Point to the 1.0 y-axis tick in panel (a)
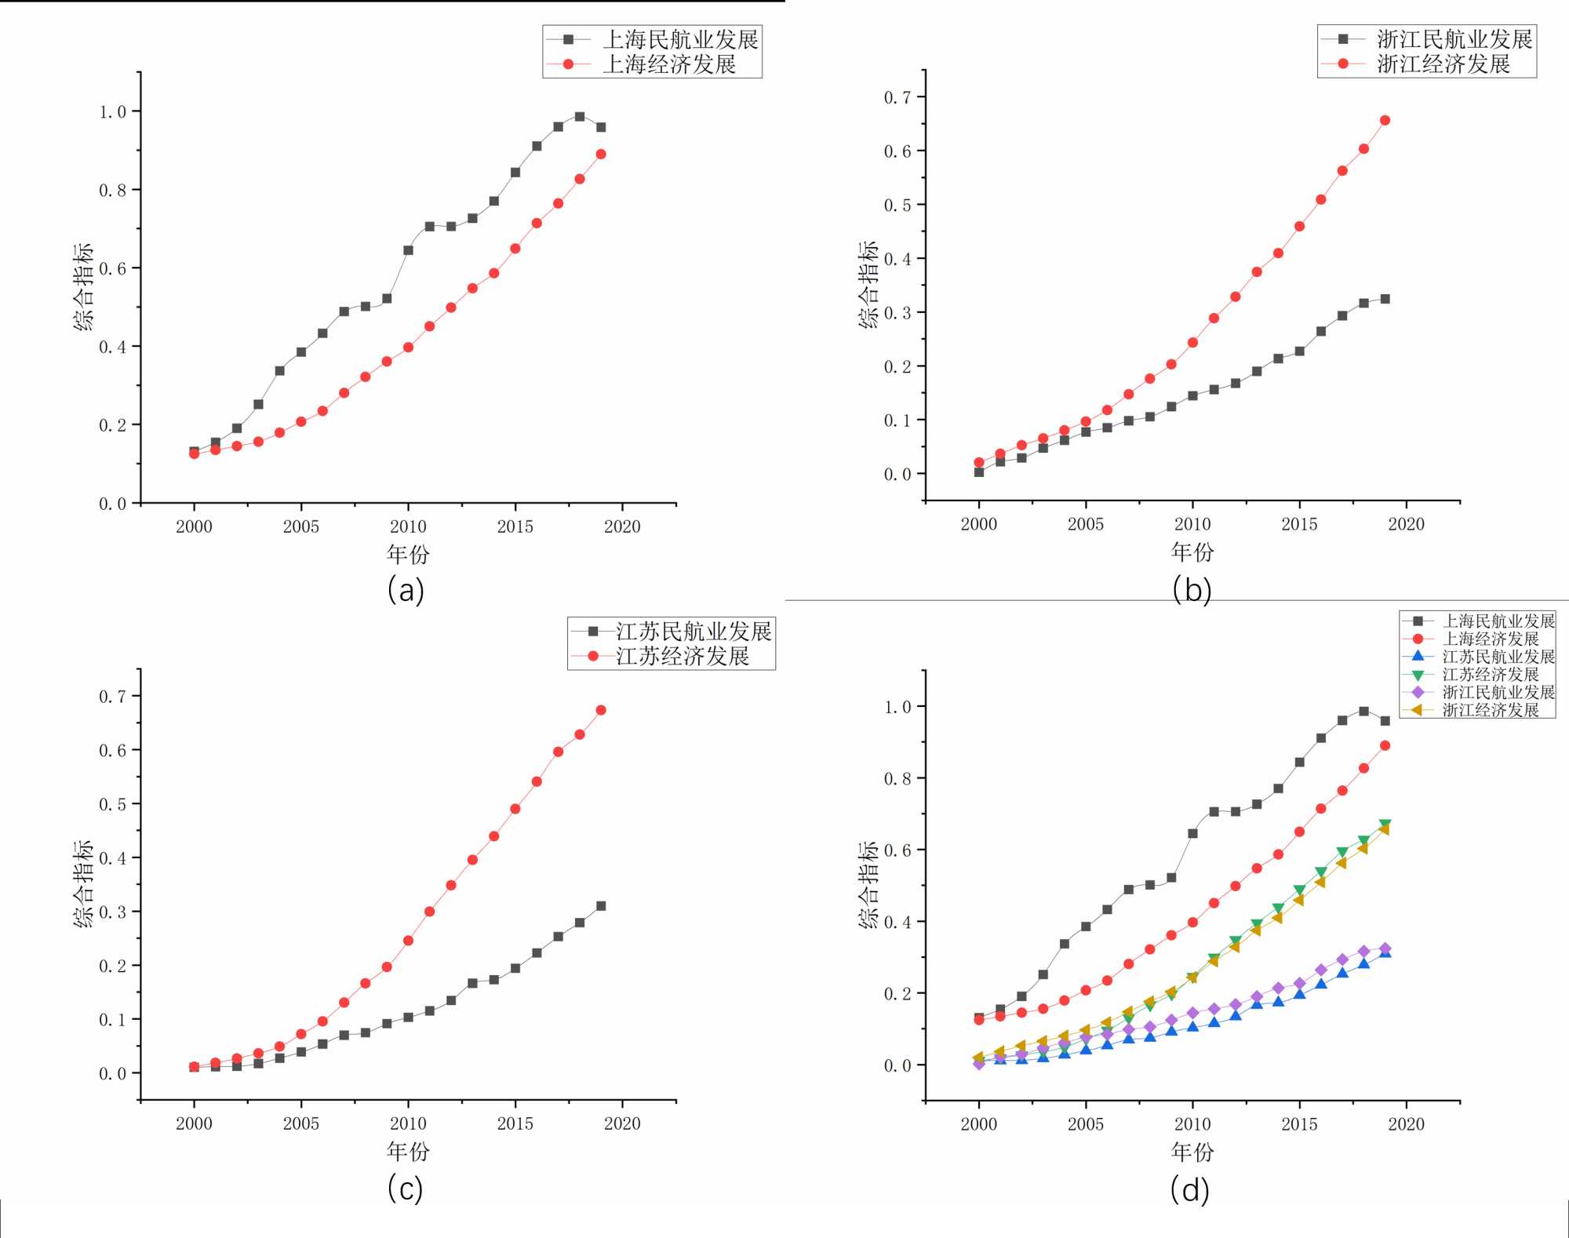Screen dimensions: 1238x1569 tap(112, 111)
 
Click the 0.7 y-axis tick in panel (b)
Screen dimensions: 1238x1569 tap(897, 97)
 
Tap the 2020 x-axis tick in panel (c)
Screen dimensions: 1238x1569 tap(622, 1123)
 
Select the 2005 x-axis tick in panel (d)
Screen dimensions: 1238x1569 tap(1086, 1124)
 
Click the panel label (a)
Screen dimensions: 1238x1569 tap(406, 590)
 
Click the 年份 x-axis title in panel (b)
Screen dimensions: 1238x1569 tap(1192, 552)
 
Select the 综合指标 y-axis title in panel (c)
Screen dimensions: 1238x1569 tap(83, 883)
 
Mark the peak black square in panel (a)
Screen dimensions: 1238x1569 tap(580, 116)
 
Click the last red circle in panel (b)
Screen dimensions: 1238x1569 tap(1385, 120)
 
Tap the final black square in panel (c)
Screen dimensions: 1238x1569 tap(601, 905)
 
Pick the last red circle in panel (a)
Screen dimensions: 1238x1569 tap(601, 154)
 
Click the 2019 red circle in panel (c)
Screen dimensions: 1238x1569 tap(601, 710)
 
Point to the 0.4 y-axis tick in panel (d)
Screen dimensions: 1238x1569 tap(897, 922)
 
